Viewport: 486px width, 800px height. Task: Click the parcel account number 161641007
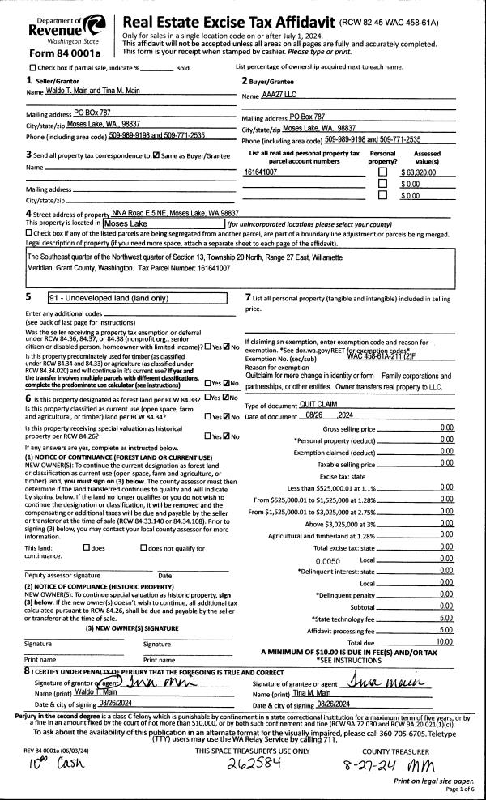point(261,172)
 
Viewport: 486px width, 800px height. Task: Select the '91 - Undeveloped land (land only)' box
point(138,298)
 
